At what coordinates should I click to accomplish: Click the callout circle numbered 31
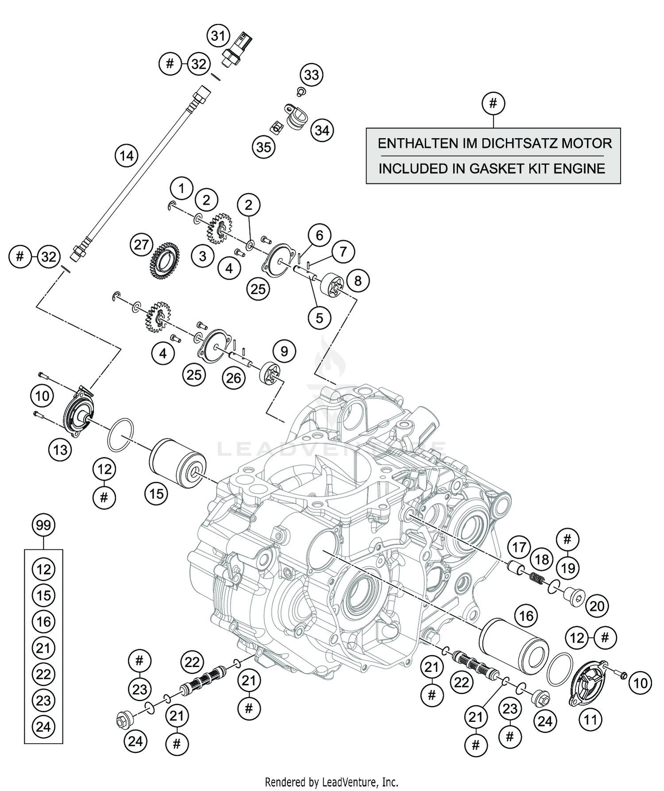click(218, 36)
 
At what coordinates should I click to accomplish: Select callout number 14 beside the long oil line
click(126, 156)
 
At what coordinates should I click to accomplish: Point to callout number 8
click(358, 281)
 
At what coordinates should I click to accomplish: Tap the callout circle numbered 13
click(60, 450)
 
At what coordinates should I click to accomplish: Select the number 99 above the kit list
click(43, 525)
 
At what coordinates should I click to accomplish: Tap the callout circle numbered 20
click(597, 606)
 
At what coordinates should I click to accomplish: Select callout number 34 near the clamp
click(322, 131)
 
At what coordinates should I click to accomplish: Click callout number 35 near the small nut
click(264, 147)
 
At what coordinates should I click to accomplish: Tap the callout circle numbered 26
click(234, 378)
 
